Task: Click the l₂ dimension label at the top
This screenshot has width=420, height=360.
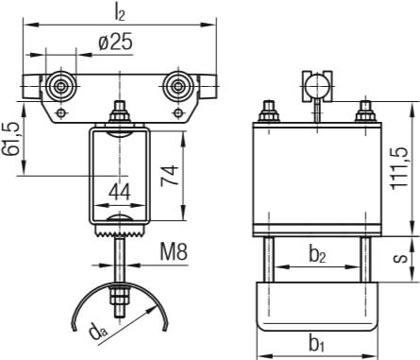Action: [x=120, y=13]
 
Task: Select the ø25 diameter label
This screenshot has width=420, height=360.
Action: [x=115, y=42]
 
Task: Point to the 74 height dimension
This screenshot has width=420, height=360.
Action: [x=170, y=175]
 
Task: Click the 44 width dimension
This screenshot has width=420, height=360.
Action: [x=120, y=193]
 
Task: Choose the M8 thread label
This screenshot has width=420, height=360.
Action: [x=174, y=252]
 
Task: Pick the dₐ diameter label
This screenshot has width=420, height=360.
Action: [x=98, y=333]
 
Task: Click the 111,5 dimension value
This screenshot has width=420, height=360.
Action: [x=399, y=168]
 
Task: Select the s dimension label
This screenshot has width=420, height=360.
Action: [x=400, y=258]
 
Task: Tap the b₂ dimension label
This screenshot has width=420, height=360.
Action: [x=317, y=255]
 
